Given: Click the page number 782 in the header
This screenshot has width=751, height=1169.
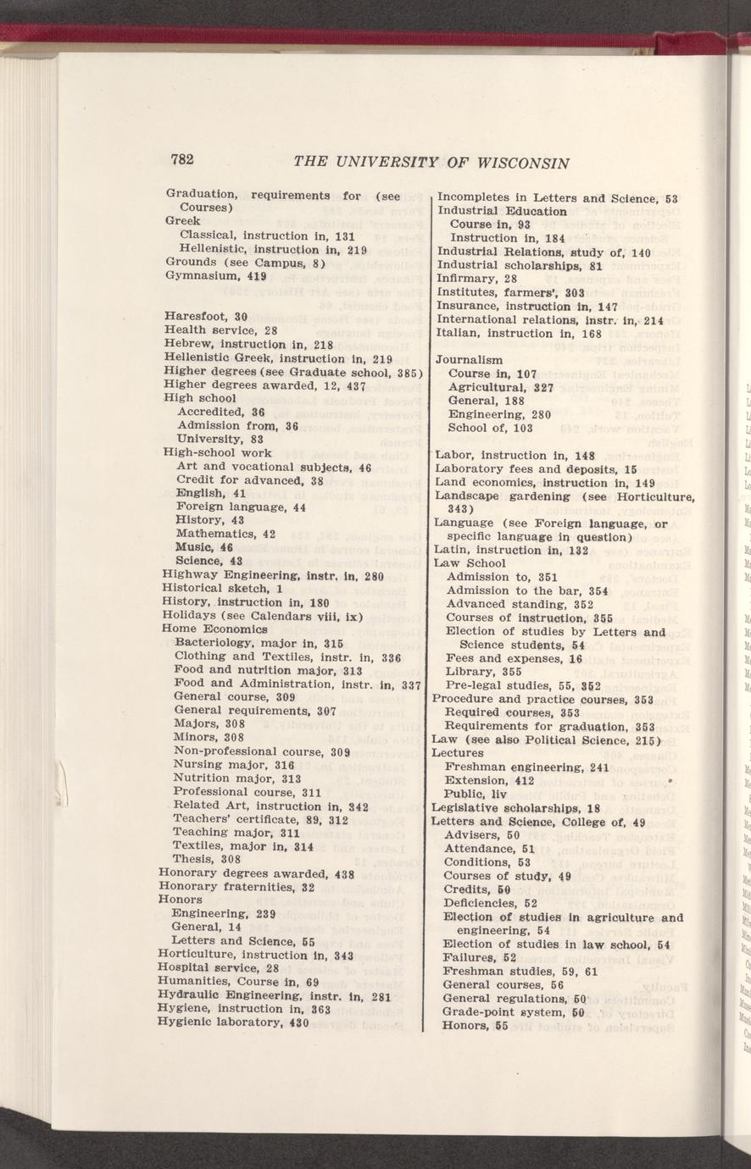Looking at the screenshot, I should (x=183, y=160).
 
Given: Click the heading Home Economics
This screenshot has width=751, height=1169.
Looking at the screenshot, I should (x=214, y=629).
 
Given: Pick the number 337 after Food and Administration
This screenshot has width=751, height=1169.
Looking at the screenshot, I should (x=411, y=684).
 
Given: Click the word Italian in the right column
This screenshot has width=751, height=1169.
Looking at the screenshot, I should (x=454, y=333).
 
